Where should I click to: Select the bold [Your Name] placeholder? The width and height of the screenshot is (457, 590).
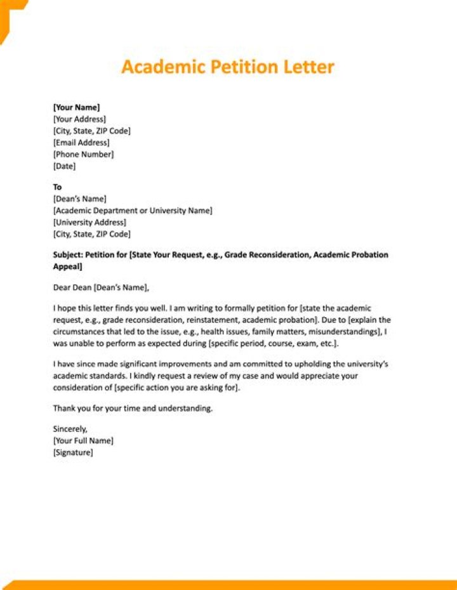[76, 108]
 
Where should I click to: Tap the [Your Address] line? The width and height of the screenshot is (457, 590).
[79, 119]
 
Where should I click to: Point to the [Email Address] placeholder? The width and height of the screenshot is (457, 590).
[81, 143]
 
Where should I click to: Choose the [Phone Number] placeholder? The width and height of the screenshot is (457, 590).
[83, 154]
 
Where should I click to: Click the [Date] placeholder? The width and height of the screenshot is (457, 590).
[64, 166]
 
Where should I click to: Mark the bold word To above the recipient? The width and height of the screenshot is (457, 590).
[57, 187]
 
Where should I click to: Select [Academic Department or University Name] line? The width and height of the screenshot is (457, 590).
[133, 211]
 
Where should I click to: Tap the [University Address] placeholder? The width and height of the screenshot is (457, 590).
[89, 222]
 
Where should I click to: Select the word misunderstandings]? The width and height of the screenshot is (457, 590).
[345, 332]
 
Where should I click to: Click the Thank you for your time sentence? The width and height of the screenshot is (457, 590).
[133, 409]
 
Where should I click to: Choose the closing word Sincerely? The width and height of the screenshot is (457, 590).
[70, 429]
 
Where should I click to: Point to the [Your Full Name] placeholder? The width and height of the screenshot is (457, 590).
[83, 440]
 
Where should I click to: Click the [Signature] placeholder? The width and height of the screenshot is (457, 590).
[73, 452]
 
